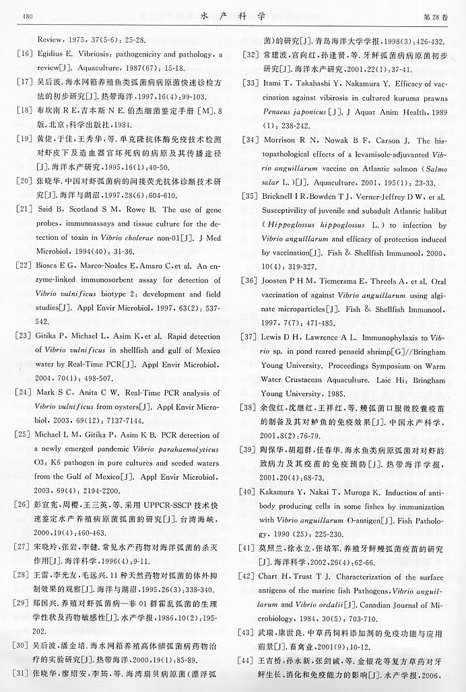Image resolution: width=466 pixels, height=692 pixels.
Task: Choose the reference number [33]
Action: coord(250,84)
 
